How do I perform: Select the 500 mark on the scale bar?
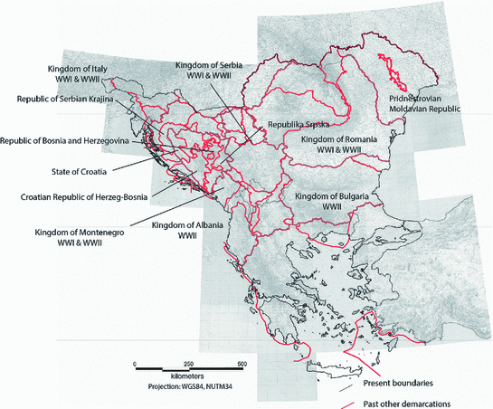tap(241, 362)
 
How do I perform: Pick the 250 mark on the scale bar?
tap(187, 362)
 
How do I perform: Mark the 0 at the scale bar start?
tap(135, 362)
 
